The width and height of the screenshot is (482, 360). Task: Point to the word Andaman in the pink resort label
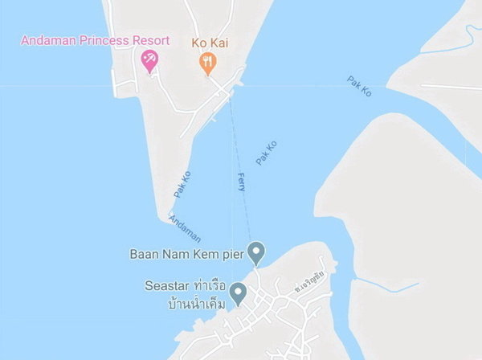point(50,40)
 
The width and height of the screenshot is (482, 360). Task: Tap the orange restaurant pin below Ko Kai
point(207,62)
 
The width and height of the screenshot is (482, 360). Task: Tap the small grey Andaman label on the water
point(185,227)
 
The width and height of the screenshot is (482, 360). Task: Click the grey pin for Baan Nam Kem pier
point(256,252)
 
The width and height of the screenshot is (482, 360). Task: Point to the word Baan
point(145,254)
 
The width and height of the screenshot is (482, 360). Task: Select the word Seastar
point(166,286)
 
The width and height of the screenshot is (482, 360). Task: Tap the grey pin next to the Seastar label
point(238,292)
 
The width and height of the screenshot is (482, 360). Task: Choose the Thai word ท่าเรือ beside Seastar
point(206,287)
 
